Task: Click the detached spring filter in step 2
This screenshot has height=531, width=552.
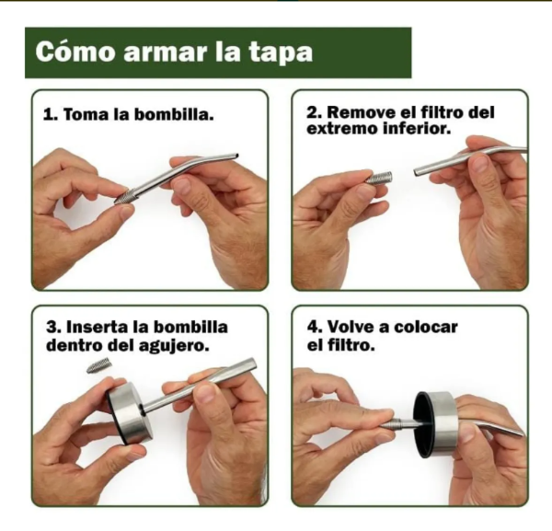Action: [378, 178]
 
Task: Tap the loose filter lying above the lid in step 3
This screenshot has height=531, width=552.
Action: [98, 365]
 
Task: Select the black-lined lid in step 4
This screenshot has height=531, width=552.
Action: [435, 424]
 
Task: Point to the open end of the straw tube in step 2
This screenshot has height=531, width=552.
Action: [419, 170]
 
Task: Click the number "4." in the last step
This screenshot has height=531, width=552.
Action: [313, 329]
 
